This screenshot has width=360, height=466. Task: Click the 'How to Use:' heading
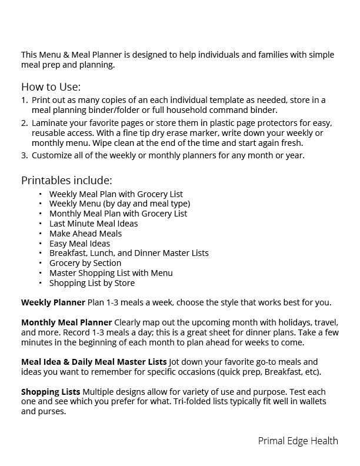click(x=51, y=86)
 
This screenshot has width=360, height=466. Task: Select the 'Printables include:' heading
click(x=66, y=180)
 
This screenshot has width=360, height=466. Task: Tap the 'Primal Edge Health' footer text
click(x=298, y=441)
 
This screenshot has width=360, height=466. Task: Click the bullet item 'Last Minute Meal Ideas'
click(x=94, y=224)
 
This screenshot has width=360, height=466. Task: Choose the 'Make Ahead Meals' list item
click(x=85, y=234)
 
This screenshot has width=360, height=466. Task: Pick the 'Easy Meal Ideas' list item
click(x=79, y=244)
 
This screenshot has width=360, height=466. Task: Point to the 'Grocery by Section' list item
click(x=85, y=263)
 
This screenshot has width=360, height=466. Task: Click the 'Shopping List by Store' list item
click(x=92, y=283)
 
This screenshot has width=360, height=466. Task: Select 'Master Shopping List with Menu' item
click(x=111, y=273)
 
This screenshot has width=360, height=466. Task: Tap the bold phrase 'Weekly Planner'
click(x=53, y=302)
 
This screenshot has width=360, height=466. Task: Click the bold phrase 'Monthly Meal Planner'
click(x=66, y=322)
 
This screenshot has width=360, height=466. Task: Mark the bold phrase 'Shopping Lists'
click(x=51, y=391)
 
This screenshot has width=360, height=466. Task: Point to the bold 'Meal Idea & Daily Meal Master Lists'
click(x=94, y=362)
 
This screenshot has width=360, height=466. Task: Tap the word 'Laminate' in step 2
click(x=51, y=123)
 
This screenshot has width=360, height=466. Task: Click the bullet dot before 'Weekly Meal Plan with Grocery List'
click(x=41, y=194)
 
